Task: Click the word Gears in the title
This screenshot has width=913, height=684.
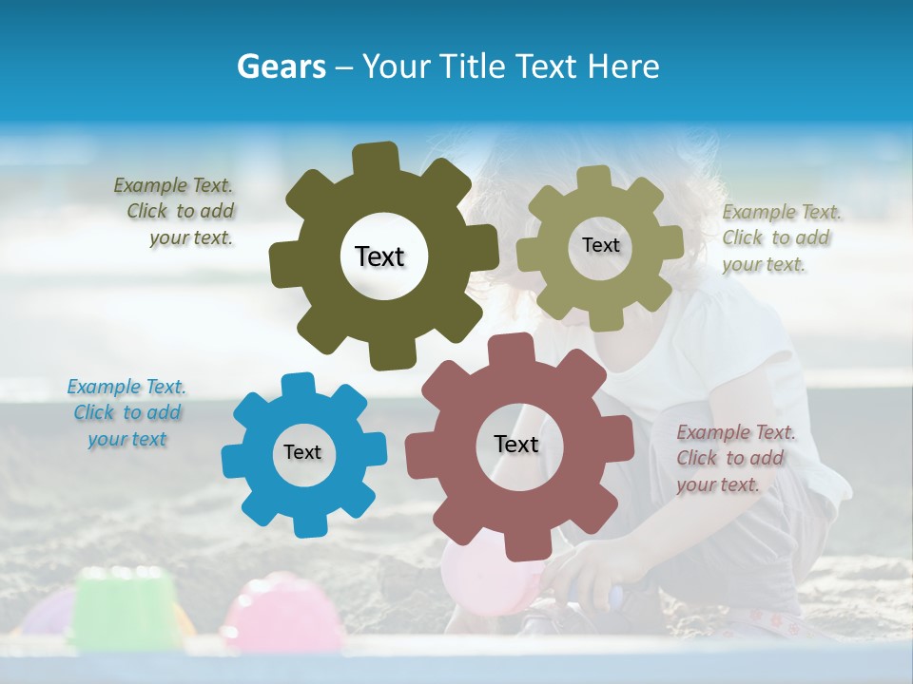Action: point(281,66)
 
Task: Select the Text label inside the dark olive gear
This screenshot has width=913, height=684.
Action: point(379,256)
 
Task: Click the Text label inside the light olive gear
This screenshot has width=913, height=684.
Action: point(600,245)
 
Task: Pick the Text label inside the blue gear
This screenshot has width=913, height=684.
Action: point(302,452)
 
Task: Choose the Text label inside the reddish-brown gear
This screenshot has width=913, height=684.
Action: point(516,444)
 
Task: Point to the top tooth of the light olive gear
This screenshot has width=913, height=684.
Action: point(593,178)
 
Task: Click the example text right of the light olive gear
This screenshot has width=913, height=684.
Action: point(780,238)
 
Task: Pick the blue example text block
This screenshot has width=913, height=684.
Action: point(126,413)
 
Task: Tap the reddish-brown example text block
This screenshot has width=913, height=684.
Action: point(734,458)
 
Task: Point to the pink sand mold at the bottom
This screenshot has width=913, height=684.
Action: point(282,613)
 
